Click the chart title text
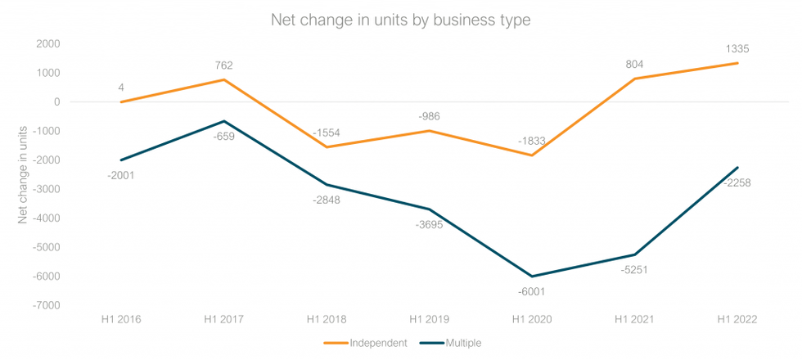[x=401, y=20]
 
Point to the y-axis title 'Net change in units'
[x=24, y=173]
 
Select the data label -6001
[x=532, y=291]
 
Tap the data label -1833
[x=532, y=141]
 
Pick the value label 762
[x=223, y=65]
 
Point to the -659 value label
[x=223, y=136]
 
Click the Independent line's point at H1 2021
[x=635, y=79]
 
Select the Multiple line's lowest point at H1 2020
[x=532, y=277]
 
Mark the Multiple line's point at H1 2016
[x=120, y=160]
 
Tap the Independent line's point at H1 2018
[x=327, y=147]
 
